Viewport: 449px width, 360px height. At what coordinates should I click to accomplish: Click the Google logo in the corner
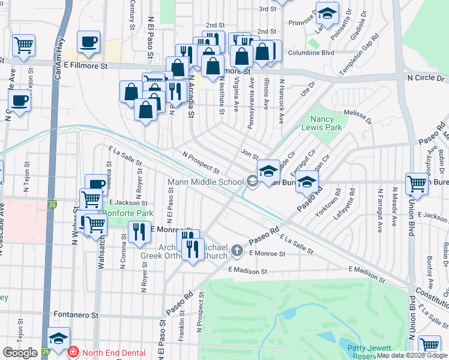[x=20, y=353]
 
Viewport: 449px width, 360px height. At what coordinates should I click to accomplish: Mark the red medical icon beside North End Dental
[x=73, y=353]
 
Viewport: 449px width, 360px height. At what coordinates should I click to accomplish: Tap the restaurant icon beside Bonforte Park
[x=139, y=232]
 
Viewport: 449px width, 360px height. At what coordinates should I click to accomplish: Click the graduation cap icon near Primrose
[x=327, y=13]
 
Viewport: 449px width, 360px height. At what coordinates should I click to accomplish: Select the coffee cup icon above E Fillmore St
[x=89, y=41]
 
